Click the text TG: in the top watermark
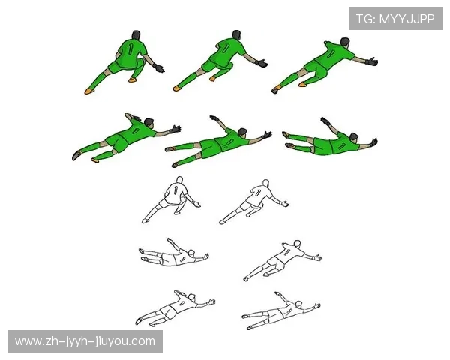[366, 19]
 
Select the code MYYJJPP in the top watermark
[407, 19]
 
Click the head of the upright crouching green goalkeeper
[136, 35]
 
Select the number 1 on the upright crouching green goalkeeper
[131, 49]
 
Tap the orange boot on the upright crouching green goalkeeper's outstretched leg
[89, 91]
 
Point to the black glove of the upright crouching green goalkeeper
[159, 68]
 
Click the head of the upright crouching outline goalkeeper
[179, 180]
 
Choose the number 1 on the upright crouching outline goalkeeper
[175, 190]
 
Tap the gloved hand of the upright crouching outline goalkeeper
[196, 205]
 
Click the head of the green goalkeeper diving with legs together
[353, 136]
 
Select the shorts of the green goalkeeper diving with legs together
[322, 145]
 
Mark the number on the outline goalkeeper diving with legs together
[181, 258]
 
